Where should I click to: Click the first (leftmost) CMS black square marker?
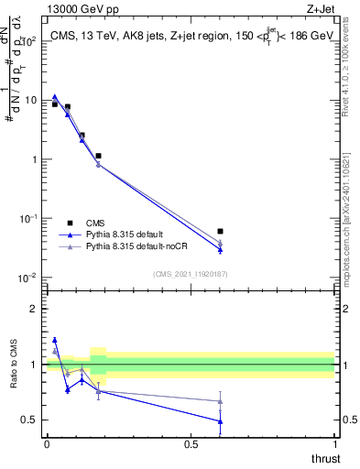pos(55,104)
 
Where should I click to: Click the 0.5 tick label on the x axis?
pos(191,443)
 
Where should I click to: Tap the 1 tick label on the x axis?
pos(334,443)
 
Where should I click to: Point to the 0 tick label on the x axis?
pos(47,443)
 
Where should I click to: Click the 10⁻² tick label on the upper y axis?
pos(27,278)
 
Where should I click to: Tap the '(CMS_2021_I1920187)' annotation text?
pos(189,273)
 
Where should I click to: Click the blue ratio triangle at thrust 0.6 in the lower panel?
pos(220,421)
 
